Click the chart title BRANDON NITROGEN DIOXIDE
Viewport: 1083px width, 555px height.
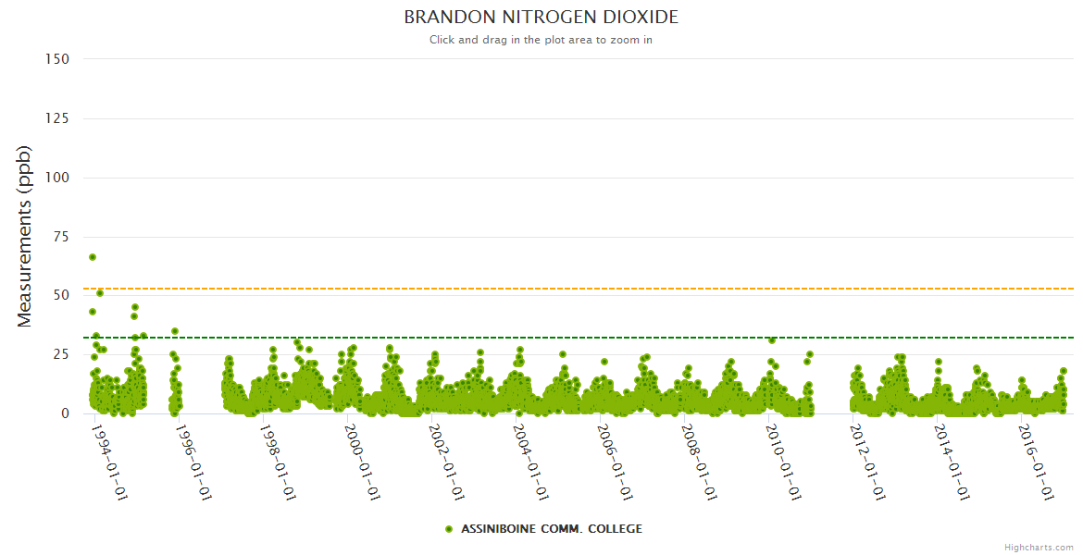pos(541,18)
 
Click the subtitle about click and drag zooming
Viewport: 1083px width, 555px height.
pos(541,40)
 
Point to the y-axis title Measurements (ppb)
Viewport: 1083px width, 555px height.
pos(25,236)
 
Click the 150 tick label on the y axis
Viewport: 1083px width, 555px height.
pos(56,59)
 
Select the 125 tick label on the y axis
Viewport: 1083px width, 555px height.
pos(56,118)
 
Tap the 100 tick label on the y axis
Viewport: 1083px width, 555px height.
pos(56,178)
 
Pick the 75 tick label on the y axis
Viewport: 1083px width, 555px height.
pos(60,237)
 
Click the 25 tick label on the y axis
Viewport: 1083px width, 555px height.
pos(60,354)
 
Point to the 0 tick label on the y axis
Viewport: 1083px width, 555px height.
pos(65,413)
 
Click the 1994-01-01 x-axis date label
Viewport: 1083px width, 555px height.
pos(110,462)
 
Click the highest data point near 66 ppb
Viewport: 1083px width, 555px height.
pos(93,257)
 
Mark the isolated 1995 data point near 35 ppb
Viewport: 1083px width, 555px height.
pos(175,331)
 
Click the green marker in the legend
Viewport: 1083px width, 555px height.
pos(449,529)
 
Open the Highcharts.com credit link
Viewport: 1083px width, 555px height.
pos(1039,548)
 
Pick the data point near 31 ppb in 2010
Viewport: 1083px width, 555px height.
pos(772,340)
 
